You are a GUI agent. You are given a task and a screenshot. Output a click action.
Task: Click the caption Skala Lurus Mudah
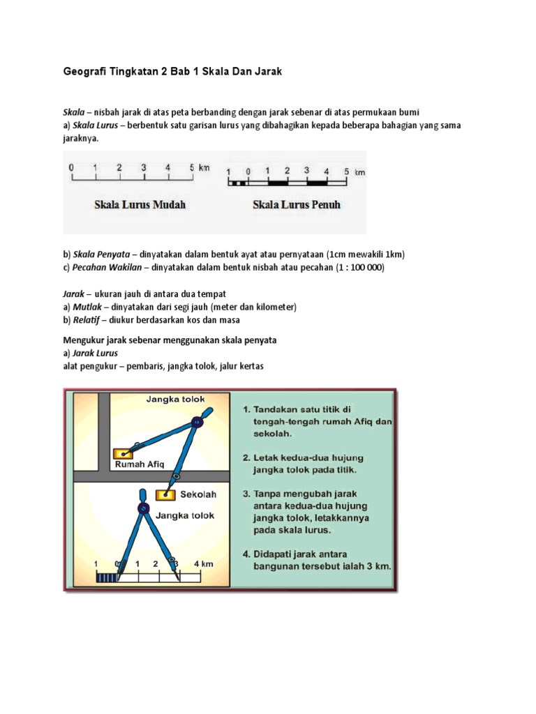coord(140,206)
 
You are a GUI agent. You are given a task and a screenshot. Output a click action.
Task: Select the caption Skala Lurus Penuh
coord(297,206)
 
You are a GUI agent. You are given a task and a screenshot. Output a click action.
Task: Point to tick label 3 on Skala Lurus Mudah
coord(144,167)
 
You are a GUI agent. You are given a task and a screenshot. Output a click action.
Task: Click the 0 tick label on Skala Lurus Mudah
coord(71,167)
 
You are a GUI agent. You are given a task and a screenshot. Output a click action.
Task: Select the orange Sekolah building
coord(165,495)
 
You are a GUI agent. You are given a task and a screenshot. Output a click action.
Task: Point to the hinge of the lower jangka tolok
coord(143,509)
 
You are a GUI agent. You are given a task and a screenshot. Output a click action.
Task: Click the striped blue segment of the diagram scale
coord(107,577)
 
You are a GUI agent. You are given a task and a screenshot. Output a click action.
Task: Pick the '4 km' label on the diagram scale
coord(202,563)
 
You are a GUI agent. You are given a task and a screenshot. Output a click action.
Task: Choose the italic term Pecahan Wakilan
coord(105,267)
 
